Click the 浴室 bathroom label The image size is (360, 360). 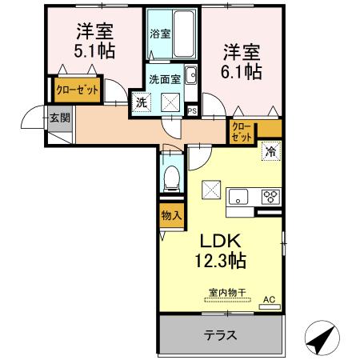pyautogui.click(x=160, y=34)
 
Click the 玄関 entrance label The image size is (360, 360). pyautogui.click(x=59, y=118)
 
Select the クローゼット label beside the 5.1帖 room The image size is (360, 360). pyautogui.click(x=77, y=90)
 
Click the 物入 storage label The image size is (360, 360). pyautogui.click(x=170, y=214)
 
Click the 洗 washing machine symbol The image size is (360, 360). pyautogui.click(x=142, y=102)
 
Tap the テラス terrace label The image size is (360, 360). pyautogui.click(x=219, y=335)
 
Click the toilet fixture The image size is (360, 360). pyautogui.click(x=170, y=177)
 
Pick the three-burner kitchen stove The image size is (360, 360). pyautogui.click(x=268, y=195)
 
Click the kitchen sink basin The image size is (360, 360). pyautogui.click(x=241, y=196)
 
